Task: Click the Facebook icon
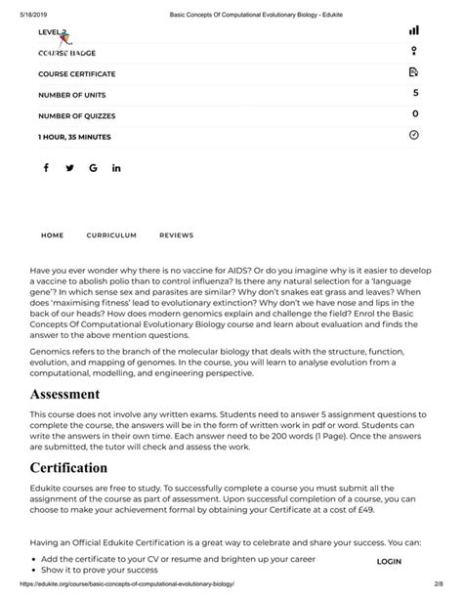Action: (x=46, y=168)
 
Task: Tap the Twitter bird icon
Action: (x=69, y=168)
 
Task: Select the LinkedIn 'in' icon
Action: (x=117, y=168)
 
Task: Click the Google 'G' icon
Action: (x=93, y=168)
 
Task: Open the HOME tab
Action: (x=52, y=235)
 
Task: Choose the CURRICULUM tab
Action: (x=111, y=235)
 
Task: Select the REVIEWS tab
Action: (x=176, y=235)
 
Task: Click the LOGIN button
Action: (x=389, y=562)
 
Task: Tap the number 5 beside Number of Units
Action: (x=415, y=93)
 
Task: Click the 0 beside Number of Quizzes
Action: (x=415, y=114)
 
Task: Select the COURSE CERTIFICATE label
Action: (x=76, y=74)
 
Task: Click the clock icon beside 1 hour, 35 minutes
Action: (x=414, y=135)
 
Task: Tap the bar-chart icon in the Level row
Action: (x=414, y=31)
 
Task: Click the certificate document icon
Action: (x=414, y=72)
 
